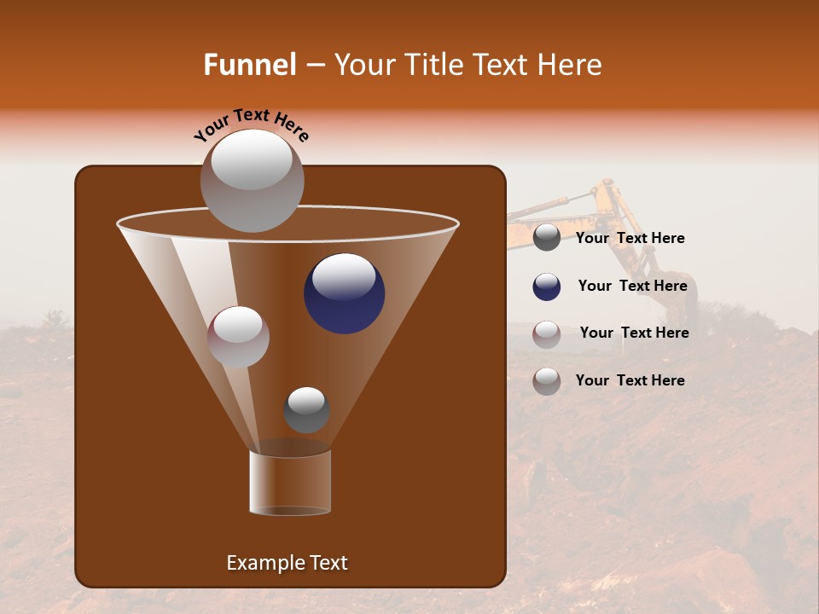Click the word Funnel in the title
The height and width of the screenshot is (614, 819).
point(249,65)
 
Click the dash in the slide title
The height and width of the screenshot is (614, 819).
point(314,66)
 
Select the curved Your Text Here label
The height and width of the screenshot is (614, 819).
point(252,125)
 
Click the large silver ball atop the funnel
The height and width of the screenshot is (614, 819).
point(252,180)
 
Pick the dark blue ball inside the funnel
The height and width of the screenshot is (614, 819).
point(344,293)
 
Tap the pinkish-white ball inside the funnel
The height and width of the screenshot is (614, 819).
point(238,337)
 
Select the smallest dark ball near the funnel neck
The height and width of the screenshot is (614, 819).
point(306,410)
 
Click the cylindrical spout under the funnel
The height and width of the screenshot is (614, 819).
point(290,483)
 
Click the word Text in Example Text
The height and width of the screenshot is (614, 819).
point(328,563)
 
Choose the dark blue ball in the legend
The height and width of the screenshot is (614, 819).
point(547,287)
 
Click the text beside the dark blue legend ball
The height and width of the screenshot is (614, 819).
point(632,286)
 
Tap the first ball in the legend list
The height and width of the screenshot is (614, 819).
point(547,238)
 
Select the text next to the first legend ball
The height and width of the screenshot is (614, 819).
point(630,238)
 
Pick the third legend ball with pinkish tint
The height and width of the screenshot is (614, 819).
point(547,334)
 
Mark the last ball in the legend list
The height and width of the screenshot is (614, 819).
point(547,381)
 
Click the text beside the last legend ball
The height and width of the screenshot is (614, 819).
point(630,380)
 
